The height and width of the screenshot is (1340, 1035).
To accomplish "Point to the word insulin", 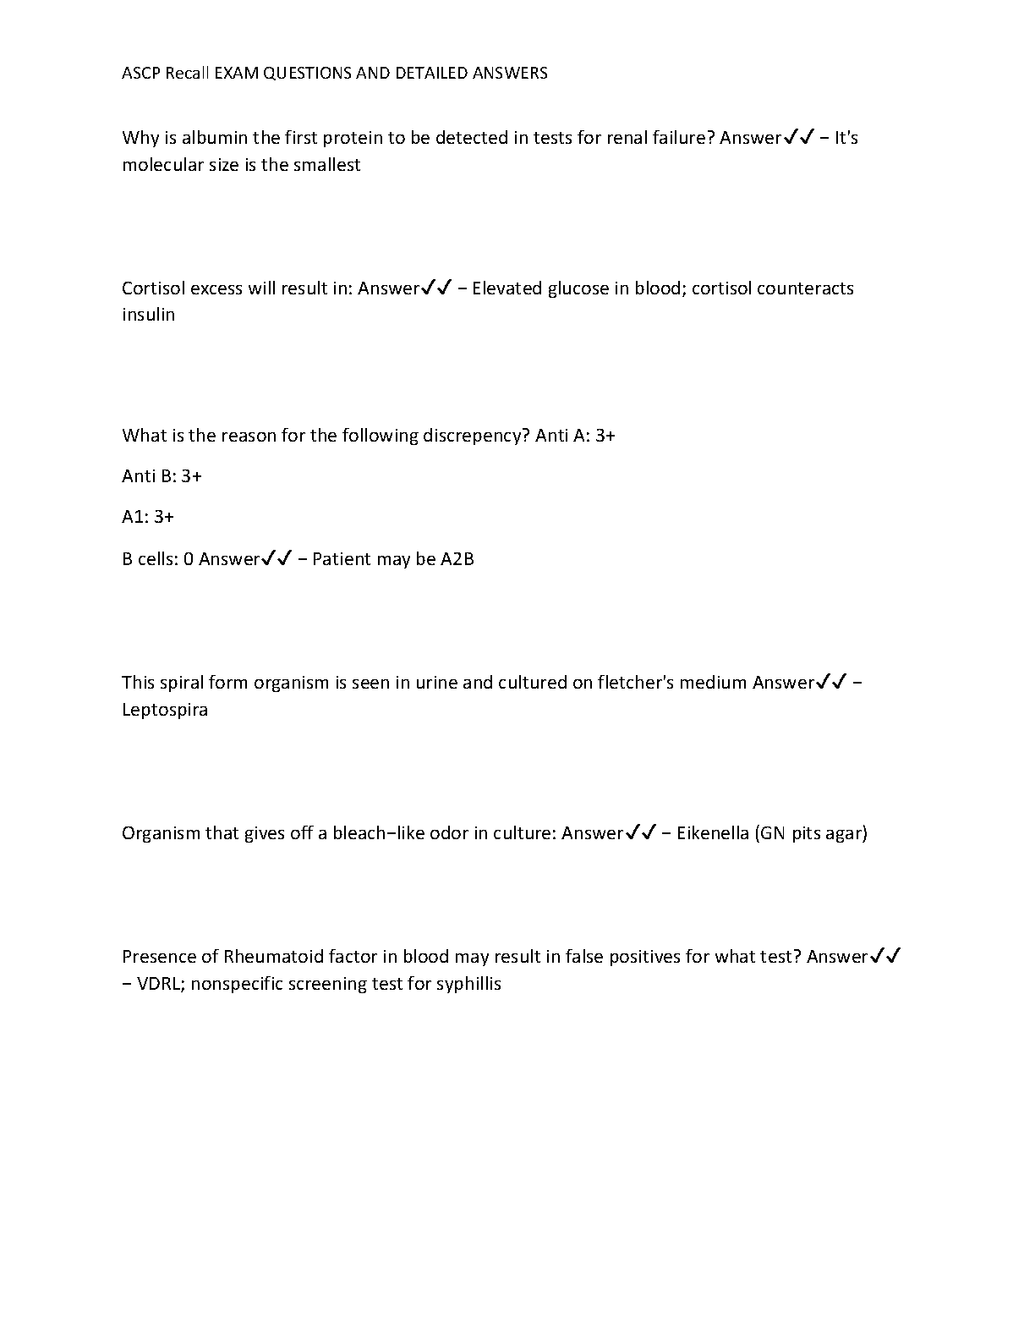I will coord(148,315).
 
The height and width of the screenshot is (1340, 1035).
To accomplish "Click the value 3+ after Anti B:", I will coord(191,476).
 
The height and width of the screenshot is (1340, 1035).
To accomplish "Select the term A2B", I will coord(457,559).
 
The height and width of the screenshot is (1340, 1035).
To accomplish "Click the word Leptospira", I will coord(165,710).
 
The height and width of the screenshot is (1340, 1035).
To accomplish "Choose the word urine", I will coord(436,683).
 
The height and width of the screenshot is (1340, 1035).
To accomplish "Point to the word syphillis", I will coord(468,984).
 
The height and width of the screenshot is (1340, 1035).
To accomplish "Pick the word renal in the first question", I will coord(627,138).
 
